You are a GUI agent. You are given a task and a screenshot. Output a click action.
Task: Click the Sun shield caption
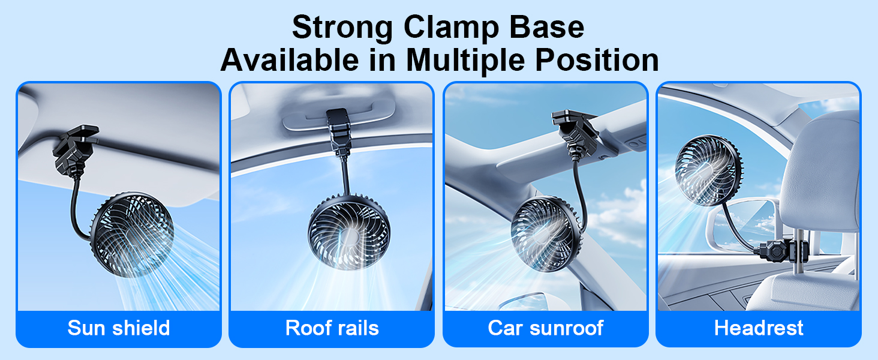(119, 328)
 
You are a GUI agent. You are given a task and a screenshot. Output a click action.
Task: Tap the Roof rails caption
(332, 328)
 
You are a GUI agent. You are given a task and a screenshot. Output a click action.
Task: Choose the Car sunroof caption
(545, 328)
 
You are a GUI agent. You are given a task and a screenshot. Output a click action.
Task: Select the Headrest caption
(759, 328)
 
